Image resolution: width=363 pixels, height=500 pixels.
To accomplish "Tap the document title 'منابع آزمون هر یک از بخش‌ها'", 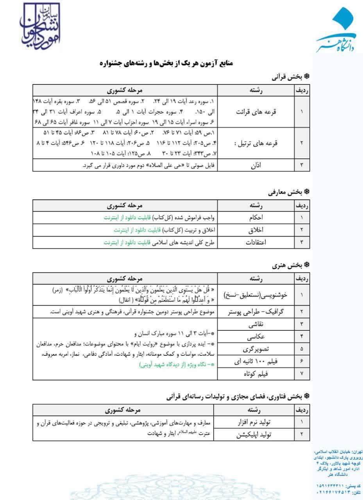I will tap(166, 63).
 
